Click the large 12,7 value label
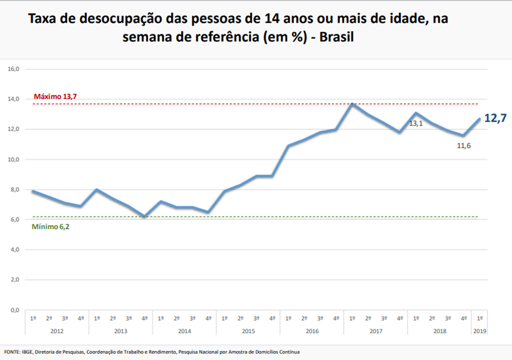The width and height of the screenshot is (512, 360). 495,118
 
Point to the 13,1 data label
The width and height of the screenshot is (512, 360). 416,123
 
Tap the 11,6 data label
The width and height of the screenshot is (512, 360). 464,146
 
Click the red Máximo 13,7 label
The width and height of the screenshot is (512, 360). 55,97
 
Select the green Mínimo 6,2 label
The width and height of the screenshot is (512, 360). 51,227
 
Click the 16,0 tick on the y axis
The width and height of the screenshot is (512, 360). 13,69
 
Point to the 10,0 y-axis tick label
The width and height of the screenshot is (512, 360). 13,159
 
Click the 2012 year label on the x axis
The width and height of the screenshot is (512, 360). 57,331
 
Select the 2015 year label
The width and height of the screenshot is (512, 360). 248,331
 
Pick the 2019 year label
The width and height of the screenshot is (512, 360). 480,331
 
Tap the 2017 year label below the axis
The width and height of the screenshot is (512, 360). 376,331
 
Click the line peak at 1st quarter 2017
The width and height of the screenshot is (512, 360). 352,104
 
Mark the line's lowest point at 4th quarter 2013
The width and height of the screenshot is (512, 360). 145,216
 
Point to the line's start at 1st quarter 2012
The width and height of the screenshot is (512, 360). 33,191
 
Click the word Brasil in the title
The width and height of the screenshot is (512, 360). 336,37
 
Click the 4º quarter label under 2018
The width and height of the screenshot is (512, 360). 464,319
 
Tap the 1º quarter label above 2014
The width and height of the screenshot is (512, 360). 161,319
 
